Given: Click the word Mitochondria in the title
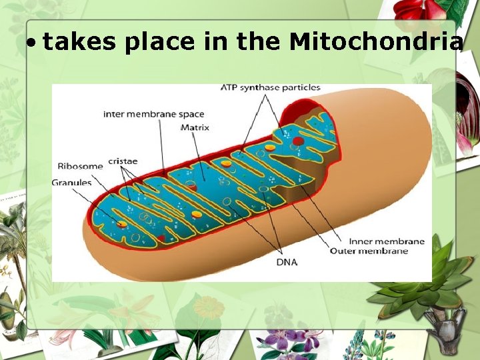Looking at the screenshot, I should (x=376, y=43).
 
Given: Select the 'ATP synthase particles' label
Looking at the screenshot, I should (x=271, y=88).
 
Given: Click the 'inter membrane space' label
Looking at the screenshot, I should (x=153, y=114).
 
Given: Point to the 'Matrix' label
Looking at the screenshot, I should (x=195, y=127).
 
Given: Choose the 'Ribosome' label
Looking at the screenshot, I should (x=80, y=166).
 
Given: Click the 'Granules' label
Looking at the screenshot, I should (x=71, y=183).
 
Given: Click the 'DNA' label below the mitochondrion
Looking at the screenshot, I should (x=287, y=262).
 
